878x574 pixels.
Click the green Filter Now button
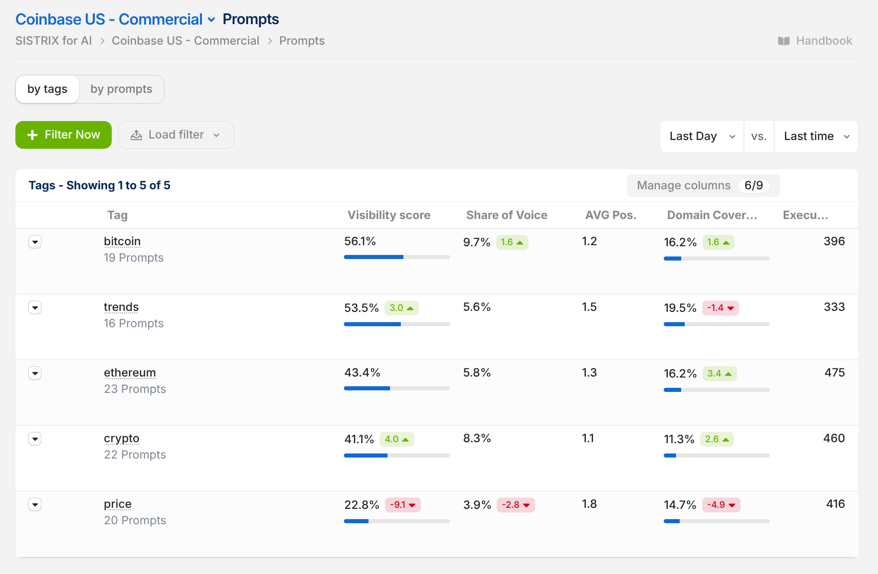[64, 134]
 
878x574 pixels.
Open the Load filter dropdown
[176, 134]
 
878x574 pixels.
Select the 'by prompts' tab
[121, 89]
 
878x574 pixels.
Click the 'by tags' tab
[48, 89]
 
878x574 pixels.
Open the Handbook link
[815, 41]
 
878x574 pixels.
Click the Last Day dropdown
[702, 136]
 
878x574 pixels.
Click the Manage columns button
[703, 186]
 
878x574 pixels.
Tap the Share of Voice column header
[506, 215]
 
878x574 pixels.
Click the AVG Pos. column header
[610, 215]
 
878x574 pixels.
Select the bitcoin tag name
[122, 241]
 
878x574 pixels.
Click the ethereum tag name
[130, 372]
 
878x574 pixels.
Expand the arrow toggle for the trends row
[35, 308]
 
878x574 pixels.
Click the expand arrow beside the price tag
[35, 505]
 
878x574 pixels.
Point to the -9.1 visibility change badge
[402, 505]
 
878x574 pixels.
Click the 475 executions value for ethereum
[834, 372]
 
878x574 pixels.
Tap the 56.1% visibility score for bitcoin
[360, 241]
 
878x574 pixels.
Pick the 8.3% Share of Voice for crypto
[477, 438]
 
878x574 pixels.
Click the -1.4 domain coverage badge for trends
[721, 308]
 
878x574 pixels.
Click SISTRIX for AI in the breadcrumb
[54, 41]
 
